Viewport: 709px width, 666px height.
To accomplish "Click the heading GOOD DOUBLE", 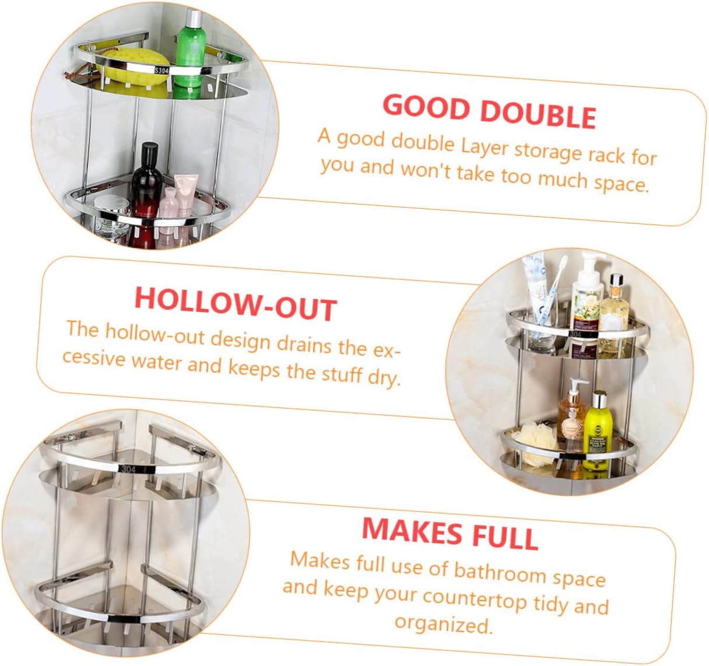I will click(489, 111).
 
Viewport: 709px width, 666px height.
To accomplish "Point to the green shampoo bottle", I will click(191, 47).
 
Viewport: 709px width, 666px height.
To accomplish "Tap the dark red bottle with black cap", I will click(145, 190).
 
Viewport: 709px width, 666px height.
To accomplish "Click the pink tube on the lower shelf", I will click(186, 195).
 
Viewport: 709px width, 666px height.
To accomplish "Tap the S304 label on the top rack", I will click(162, 71).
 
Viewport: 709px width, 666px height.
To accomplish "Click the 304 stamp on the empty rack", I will click(128, 469).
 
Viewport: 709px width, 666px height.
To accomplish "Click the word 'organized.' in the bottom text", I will click(443, 624).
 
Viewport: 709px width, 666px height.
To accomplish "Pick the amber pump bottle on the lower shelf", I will click(571, 414).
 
